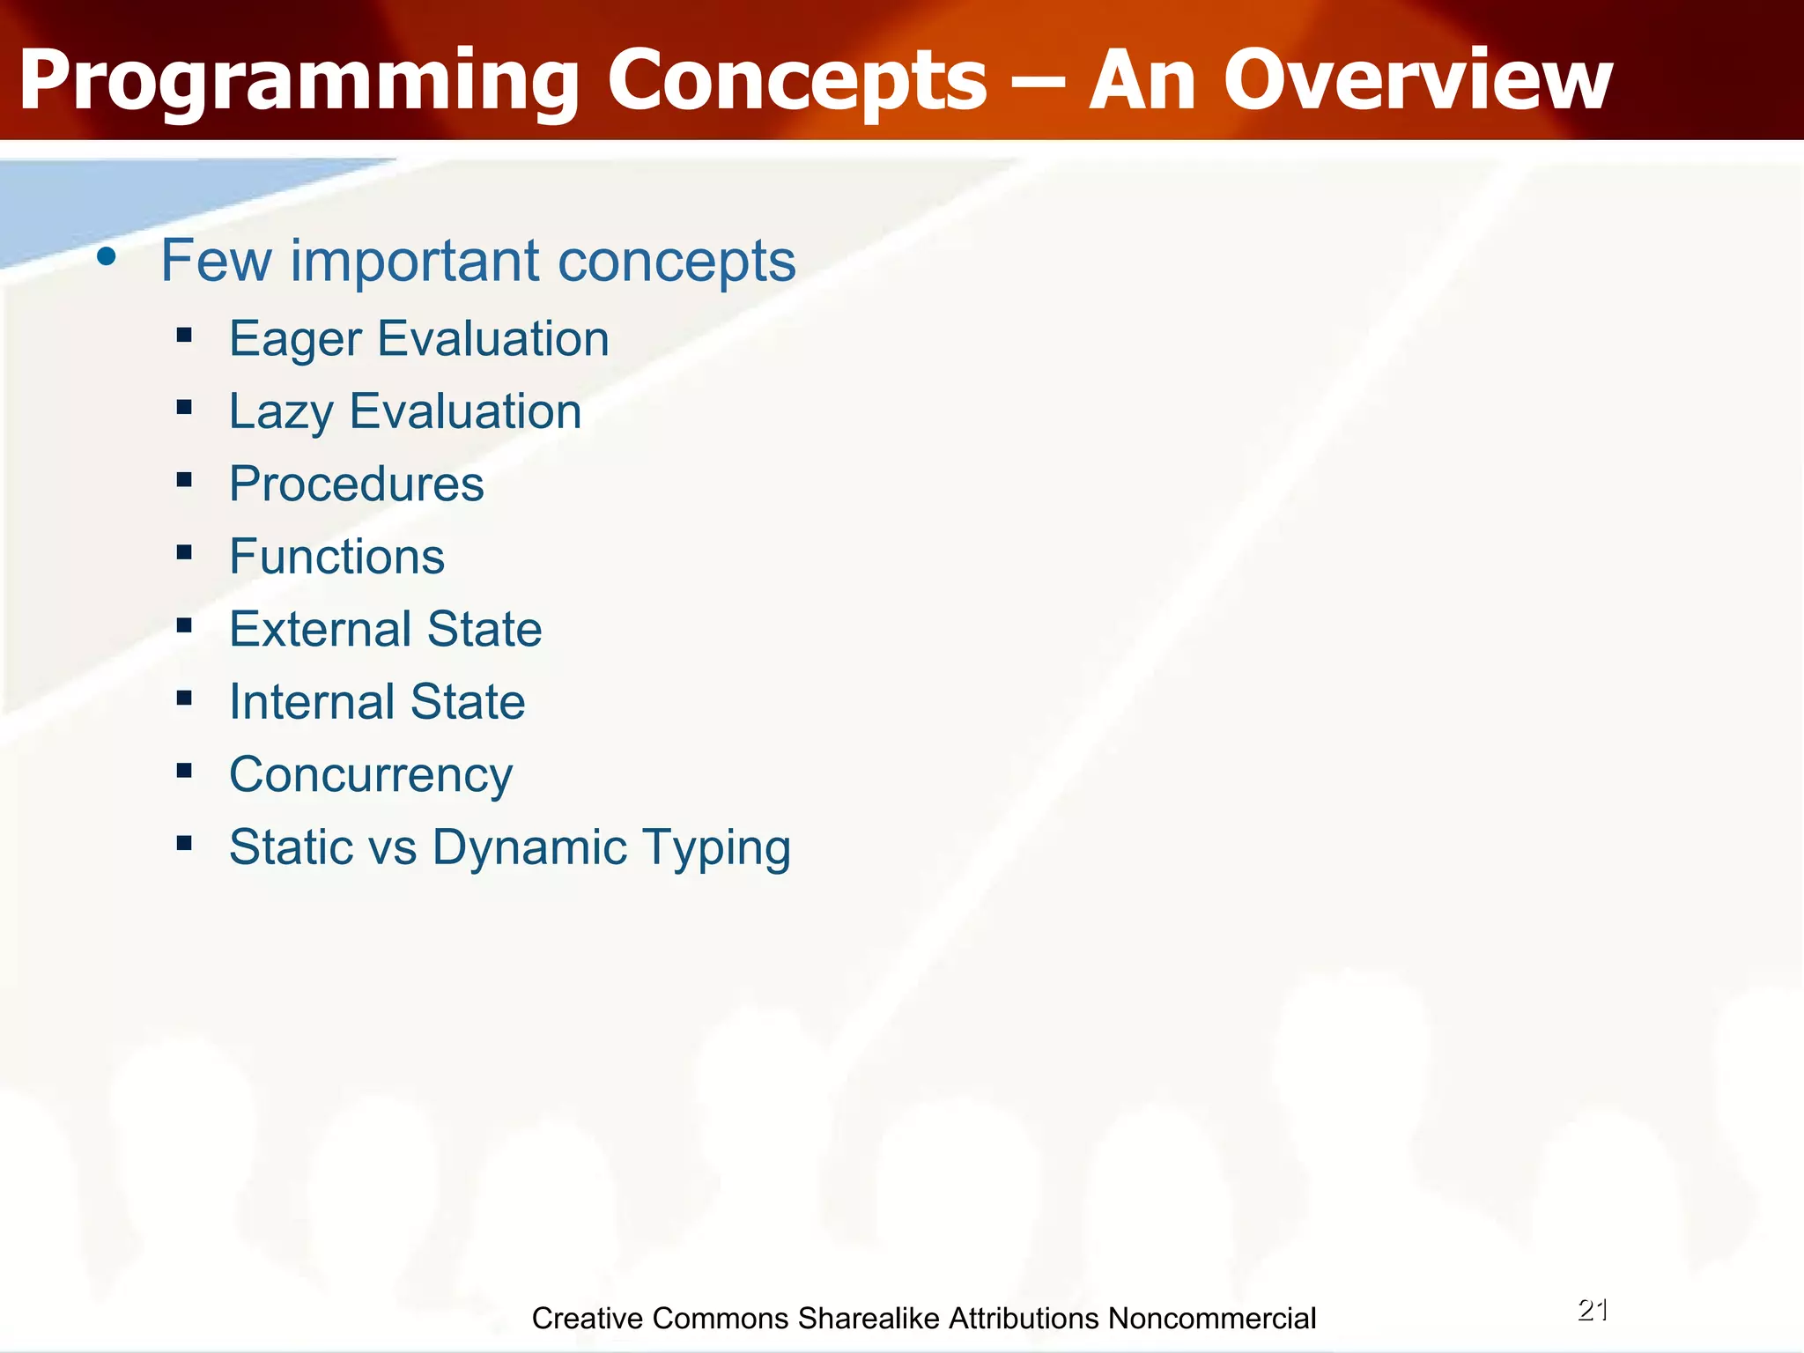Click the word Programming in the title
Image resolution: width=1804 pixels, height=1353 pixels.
tap(298, 81)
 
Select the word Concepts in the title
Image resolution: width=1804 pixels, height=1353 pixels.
tap(797, 81)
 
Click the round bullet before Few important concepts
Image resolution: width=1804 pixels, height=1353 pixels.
tap(107, 257)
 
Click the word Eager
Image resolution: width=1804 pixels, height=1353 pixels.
tap(295, 340)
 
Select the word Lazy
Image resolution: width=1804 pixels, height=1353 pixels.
tap(281, 412)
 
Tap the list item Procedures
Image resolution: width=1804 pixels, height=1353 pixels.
tap(357, 484)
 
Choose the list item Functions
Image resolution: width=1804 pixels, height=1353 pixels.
tap(336, 557)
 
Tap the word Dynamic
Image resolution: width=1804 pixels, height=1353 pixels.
tap(529, 848)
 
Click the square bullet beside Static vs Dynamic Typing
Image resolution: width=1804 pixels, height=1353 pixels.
tap(184, 843)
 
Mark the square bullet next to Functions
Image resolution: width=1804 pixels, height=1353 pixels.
tap(184, 552)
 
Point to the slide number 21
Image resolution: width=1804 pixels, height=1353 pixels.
tap(1593, 1310)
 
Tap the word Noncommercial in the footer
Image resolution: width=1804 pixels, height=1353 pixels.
tap(1211, 1319)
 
